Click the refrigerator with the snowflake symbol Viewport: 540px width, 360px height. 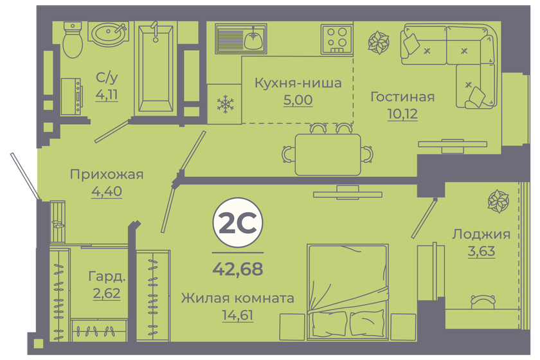[224, 104]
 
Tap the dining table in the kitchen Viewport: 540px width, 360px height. [327, 154]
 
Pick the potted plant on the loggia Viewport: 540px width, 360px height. [498, 203]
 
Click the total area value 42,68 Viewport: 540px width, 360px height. [237, 269]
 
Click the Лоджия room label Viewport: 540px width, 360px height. [481, 234]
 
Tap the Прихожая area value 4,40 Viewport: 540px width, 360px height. [106, 190]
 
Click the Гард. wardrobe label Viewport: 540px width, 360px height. [106, 278]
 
